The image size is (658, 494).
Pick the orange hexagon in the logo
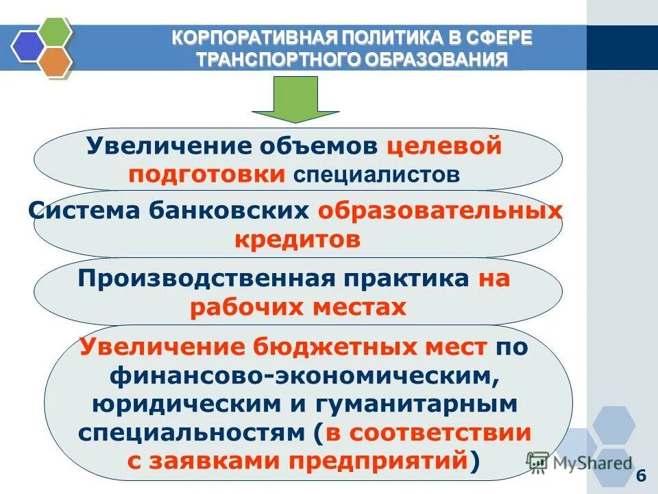pos(54,61)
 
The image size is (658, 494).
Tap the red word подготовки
pos(207,174)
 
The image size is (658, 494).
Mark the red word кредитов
pos(297,239)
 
